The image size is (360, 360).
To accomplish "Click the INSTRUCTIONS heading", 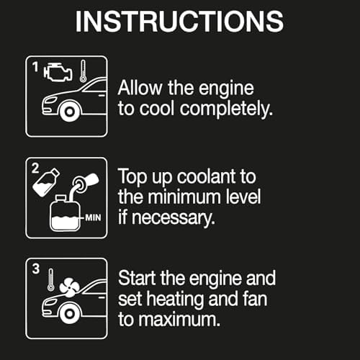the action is pyautogui.click(x=179, y=22).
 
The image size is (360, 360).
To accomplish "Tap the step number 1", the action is pyautogui.click(x=35, y=67).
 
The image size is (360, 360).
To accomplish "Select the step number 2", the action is pyautogui.click(x=35, y=168).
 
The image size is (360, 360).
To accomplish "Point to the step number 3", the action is pyautogui.click(x=36, y=269).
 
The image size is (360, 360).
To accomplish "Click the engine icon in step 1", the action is pyautogui.click(x=58, y=72).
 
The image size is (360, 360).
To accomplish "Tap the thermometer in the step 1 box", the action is pyautogui.click(x=83, y=71).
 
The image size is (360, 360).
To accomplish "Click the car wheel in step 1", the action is pyautogui.click(x=70, y=112).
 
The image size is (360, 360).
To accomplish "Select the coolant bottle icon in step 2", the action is pyautogui.click(x=46, y=182).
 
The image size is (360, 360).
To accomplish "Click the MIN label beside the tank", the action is pyautogui.click(x=93, y=217).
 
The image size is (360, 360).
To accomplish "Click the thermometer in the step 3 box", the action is pyautogui.click(x=50, y=280).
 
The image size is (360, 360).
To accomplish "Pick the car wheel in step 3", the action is pyautogui.click(x=70, y=313).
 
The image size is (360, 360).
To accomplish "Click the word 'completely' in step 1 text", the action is pyautogui.click(x=226, y=109).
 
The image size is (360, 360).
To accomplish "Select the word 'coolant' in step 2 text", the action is pyautogui.click(x=207, y=176).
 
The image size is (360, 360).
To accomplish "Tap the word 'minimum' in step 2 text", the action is pyautogui.click(x=184, y=197).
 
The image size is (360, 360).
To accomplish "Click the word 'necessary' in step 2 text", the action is pyautogui.click(x=174, y=218).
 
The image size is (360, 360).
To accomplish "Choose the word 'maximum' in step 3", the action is pyautogui.click(x=179, y=320).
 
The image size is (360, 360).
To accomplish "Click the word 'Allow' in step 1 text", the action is pyautogui.click(x=140, y=88).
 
